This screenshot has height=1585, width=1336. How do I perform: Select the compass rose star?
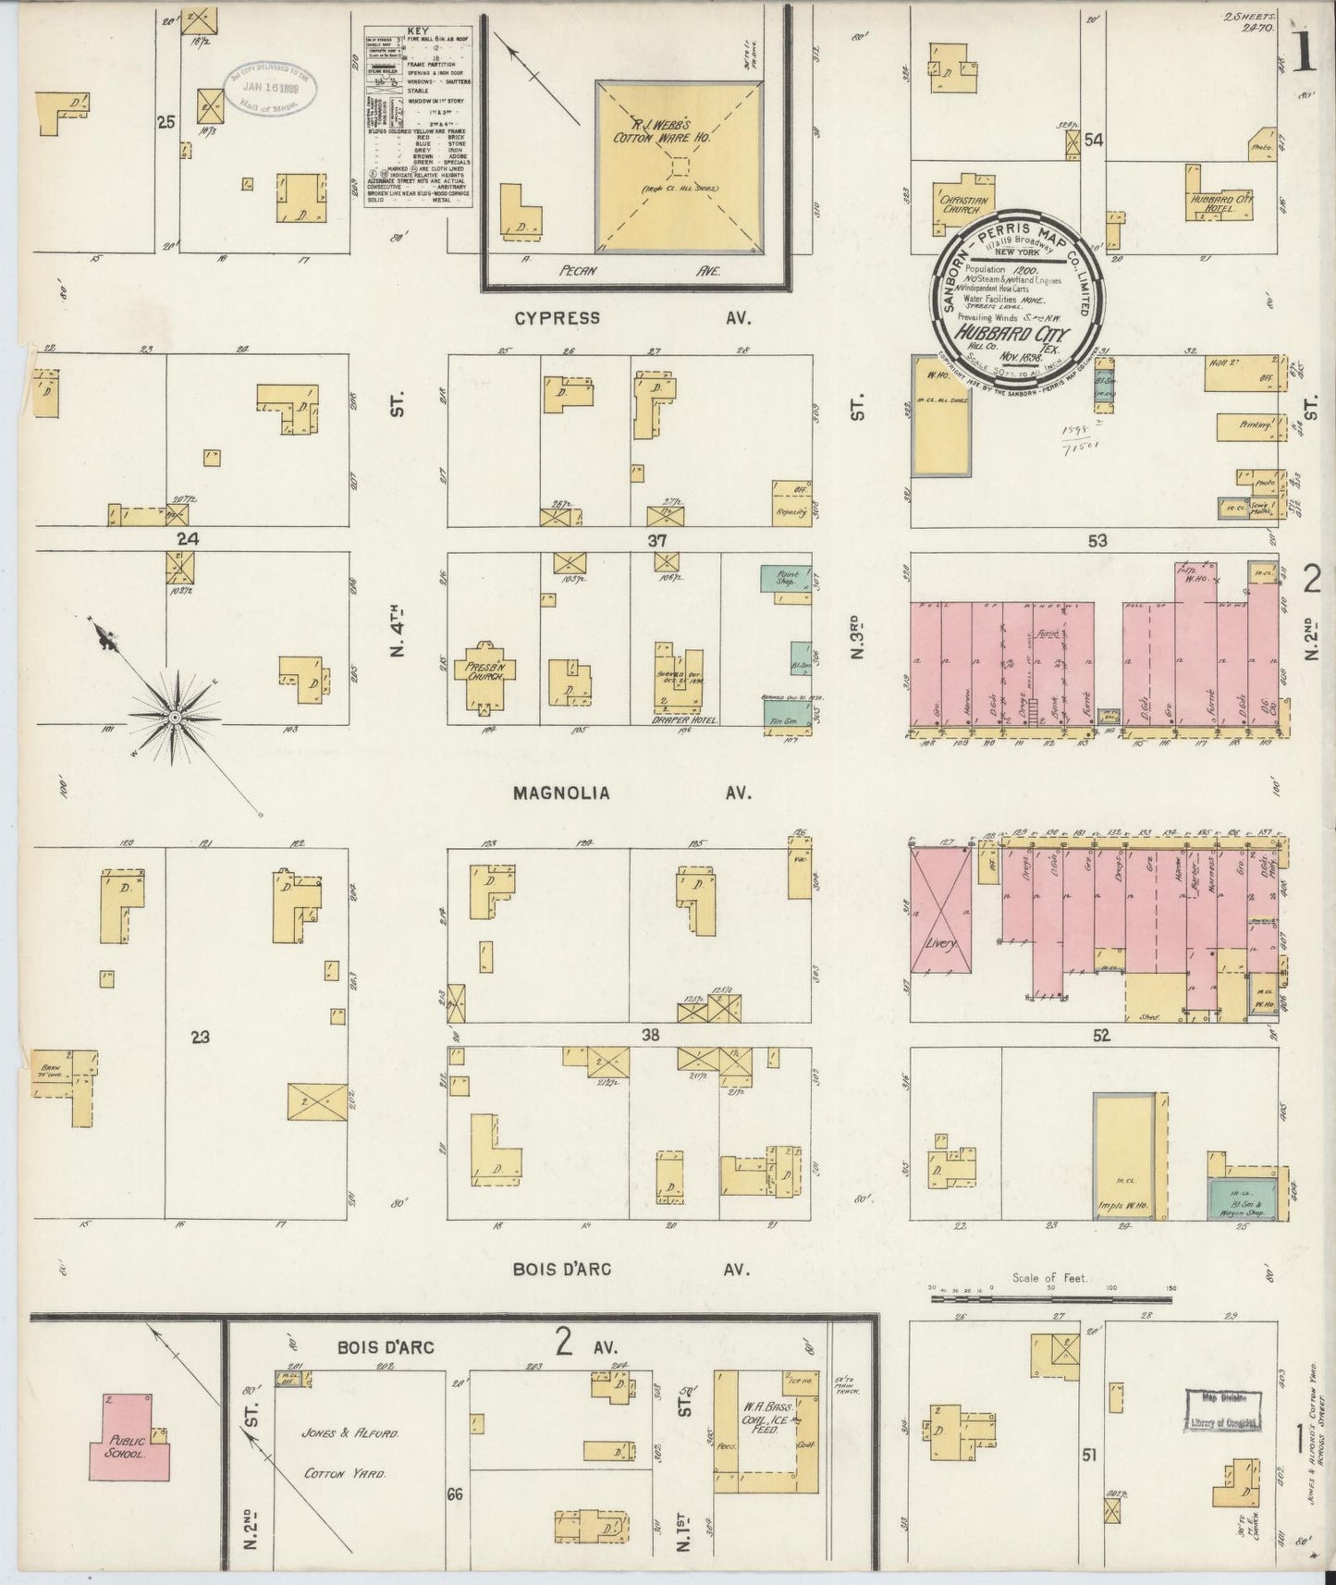pyautogui.click(x=173, y=717)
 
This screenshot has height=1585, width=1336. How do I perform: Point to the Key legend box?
pyautogui.click(x=417, y=116)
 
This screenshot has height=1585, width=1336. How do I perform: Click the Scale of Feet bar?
pyautogui.click(x=1049, y=1297)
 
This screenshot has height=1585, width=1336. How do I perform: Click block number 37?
pyautogui.click(x=656, y=540)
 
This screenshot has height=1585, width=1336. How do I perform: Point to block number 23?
pyautogui.click(x=201, y=1038)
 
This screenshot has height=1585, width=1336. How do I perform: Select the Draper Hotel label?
pyautogui.click(x=686, y=719)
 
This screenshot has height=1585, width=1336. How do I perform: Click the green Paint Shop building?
pyautogui.click(x=787, y=581)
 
